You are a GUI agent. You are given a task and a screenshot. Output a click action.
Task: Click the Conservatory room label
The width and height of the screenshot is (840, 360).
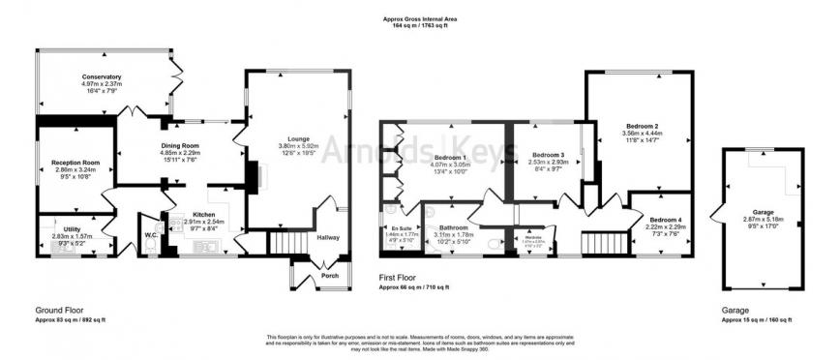(102, 76)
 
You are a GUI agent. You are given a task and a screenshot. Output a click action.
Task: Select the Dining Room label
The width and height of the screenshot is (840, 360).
(182, 145)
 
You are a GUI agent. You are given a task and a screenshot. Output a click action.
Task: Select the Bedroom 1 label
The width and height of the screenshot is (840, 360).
(450, 157)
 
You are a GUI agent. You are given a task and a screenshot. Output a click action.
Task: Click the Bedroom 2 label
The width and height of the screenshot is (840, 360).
(642, 127)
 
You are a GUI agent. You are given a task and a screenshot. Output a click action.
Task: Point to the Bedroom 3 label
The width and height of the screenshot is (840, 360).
(548, 154)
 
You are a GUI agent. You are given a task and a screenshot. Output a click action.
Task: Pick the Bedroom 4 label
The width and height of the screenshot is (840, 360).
(665, 220)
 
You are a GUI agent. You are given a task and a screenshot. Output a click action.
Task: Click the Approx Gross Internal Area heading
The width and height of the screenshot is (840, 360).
(420, 18)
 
